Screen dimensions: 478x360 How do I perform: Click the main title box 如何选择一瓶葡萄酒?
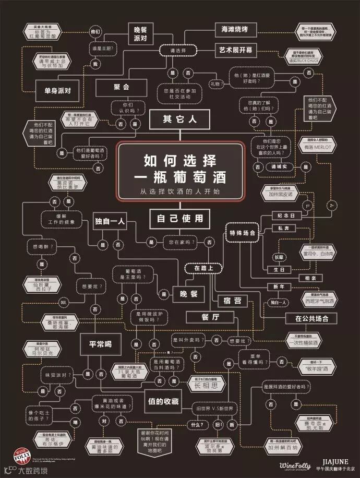(180, 170)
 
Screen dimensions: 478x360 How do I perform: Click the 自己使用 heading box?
(179, 219)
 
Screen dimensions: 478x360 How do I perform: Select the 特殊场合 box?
(242, 233)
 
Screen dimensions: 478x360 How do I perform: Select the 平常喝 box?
(100, 344)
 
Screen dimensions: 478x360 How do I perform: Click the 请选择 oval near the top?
(179, 51)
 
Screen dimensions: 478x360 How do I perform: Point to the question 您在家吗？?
(179, 242)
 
